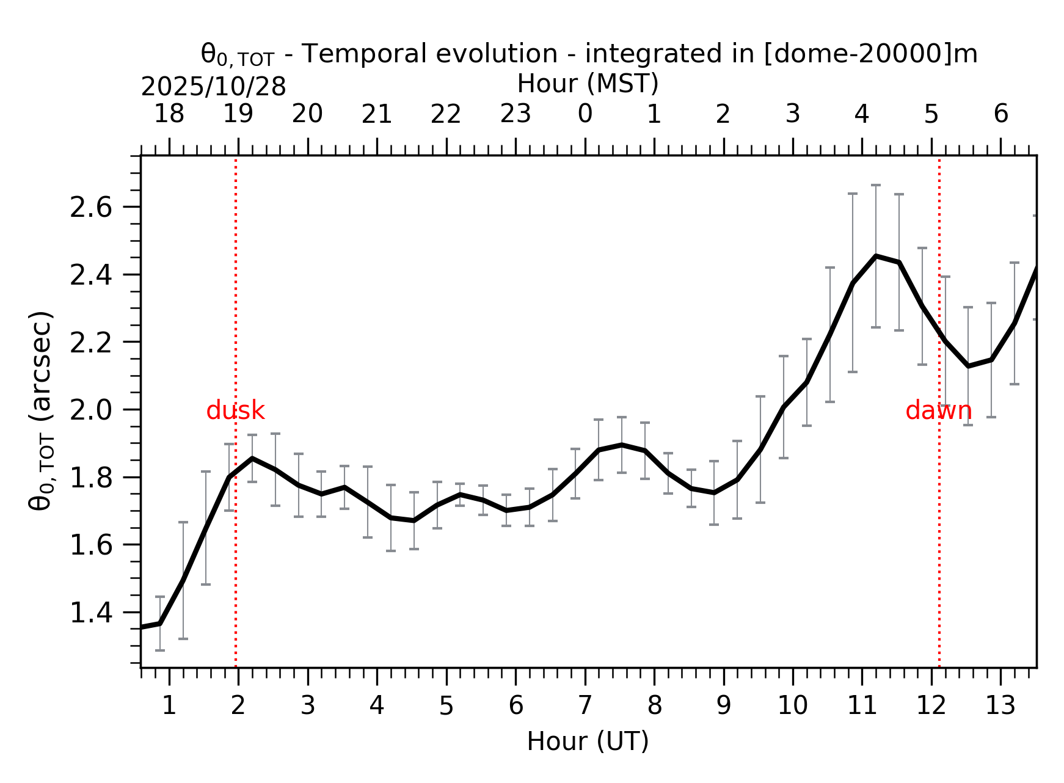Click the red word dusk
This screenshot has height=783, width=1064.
pyautogui.click(x=235, y=411)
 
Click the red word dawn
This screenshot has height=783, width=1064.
pyautogui.click(x=938, y=411)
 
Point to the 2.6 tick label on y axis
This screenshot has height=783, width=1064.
pyautogui.click(x=91, y=208)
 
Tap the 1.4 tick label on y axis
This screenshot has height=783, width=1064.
pyautogui.click(x=91, y=613)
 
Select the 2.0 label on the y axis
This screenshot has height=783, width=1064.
pyautogui.click(x=91, y=410)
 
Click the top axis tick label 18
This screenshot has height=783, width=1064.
pyautogui.click(x=169, y=114)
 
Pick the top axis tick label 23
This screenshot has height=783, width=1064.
pyautogui.click(x=516, y=114)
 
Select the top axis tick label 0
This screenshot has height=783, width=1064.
pyautogui.click(x=585, y=114)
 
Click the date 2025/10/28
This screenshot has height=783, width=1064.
pyautogui.click(x=213, y=87)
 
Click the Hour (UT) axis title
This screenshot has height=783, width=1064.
pyautogui.click(x=588, y=742)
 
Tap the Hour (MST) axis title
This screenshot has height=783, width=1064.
pyautogui.click(x=588, y=84)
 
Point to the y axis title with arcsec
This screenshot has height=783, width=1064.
pyautogui.click(x=42, y=410)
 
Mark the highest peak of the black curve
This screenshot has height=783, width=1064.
pyautogui.click(x=876, y=257)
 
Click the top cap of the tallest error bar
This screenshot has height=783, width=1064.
pyautogui.click(x=876, y=185)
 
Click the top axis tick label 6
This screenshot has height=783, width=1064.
pyautogui.click(x=1000, y=114)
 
